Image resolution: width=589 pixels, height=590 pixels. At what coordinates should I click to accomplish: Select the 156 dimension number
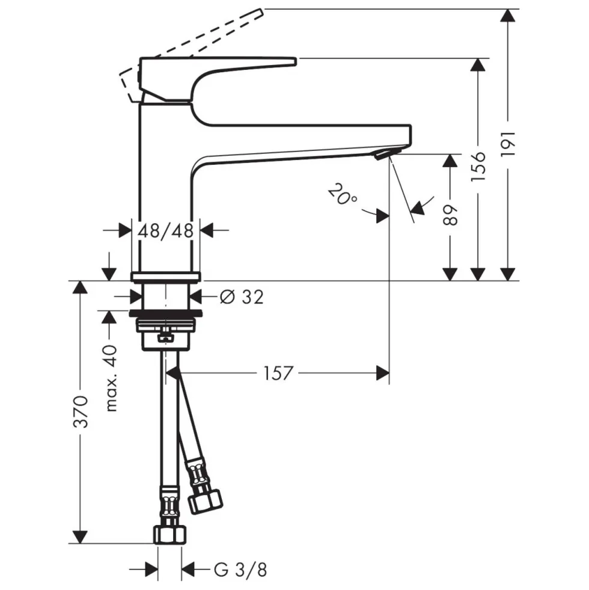click(478, 167)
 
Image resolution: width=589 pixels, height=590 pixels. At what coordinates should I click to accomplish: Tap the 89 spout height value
click(450, 215)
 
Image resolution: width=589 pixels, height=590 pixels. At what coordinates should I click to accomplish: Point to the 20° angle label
click(342, 194)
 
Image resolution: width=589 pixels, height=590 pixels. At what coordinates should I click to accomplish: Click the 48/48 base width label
click(165, 230)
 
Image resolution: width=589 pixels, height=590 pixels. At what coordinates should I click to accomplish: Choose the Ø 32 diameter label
click(242, 297)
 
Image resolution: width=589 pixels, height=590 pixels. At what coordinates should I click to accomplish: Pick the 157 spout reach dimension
click(278, 373)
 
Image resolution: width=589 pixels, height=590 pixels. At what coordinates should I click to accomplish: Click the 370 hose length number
click(81, 411)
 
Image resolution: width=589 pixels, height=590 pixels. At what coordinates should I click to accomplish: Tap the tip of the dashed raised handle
click(260, 13)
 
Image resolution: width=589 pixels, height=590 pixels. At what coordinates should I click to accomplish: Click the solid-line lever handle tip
click(295, 61)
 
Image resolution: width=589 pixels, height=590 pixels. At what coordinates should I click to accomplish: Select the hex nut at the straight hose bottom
click(170, 535)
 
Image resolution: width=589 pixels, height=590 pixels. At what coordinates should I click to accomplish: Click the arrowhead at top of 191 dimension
click(508, 14)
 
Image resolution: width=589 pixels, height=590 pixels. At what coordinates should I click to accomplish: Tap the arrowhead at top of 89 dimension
click(450, 161)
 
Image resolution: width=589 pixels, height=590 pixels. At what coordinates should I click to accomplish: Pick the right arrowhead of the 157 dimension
click(383, 373)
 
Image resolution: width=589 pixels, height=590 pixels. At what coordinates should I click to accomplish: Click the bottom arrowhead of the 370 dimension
click(80, 537)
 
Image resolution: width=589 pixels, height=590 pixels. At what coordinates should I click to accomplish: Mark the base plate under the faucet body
click(165, 277)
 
